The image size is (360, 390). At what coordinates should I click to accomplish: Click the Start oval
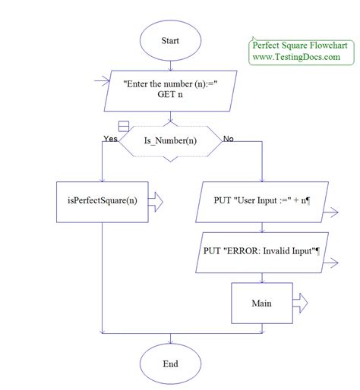(x=170, y=41)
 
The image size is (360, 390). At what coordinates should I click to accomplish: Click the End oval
(x=170, y=363)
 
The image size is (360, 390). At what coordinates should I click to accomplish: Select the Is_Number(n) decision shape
(x=171, y=140)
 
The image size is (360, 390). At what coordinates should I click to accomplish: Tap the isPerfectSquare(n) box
(x=102, y=200)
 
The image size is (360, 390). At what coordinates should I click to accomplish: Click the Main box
(x=261, y=304)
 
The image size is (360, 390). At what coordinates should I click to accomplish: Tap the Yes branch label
(x=110, y=138)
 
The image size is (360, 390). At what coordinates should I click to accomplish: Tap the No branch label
(x=227, y=138)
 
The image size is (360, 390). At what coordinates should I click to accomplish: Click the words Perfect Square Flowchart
(x=299, y=46)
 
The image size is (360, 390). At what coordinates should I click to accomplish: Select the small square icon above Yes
(x=124, y=126)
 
